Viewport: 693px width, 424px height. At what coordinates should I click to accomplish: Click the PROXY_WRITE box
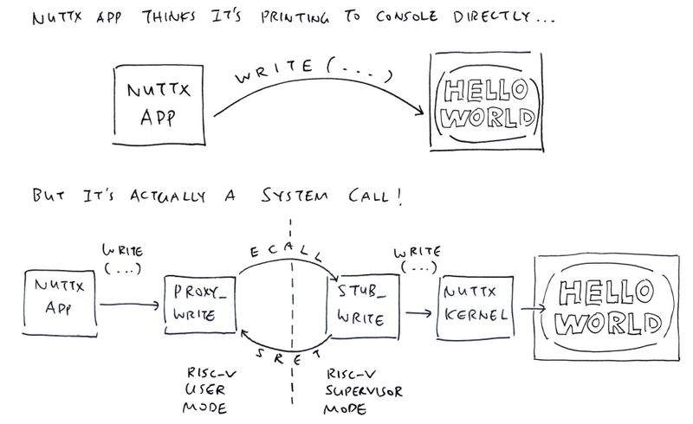(x=200, y=305)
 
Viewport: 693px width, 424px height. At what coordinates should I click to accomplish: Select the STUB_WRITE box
(x=363, y=306)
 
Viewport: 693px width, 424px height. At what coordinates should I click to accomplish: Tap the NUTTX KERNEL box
(x=476, y=308)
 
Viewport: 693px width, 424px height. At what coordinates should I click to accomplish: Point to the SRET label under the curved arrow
(x=288, y=357)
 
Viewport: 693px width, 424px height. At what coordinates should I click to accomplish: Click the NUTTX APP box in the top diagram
(x=159, y=105)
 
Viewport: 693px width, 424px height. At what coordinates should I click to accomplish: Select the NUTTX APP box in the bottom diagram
(x=60, y=304)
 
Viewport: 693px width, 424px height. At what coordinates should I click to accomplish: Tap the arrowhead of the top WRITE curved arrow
(x=420, y=112)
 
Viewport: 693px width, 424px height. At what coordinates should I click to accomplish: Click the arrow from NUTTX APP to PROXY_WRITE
(x=129, y=305)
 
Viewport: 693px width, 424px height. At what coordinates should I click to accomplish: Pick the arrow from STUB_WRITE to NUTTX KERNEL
(x=418, y=313)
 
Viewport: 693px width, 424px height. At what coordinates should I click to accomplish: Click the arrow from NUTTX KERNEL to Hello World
(x=533, y=308)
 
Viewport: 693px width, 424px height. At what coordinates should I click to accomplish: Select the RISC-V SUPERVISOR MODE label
(x=363, y=392)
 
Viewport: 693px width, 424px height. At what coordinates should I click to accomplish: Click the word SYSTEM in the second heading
(x=295, y=196)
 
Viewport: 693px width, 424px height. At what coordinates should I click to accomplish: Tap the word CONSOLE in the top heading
(x=407, y=16)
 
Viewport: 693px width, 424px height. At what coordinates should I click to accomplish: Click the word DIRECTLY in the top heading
(x=491, y=16)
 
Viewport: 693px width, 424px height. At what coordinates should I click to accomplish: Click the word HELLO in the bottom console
(x=606, y=292)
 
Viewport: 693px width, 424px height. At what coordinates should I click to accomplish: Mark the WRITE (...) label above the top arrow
(x=313, y=71)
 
